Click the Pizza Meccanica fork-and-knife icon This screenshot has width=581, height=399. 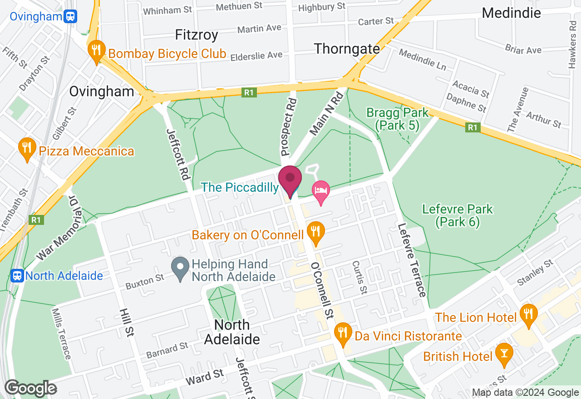click(27, 148)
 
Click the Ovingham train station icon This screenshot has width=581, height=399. click(70, 17)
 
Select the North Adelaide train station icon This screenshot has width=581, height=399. click(17, 275)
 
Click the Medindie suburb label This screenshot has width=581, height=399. click(511, 13)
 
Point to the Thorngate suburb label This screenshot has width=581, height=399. click(347, 49)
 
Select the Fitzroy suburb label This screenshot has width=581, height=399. click(197, 35)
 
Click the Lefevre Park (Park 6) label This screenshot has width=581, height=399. click(457, 215)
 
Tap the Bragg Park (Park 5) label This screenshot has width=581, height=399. click(393, 118)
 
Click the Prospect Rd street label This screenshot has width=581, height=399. click(289, 127)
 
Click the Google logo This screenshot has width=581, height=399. click(30, 388)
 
